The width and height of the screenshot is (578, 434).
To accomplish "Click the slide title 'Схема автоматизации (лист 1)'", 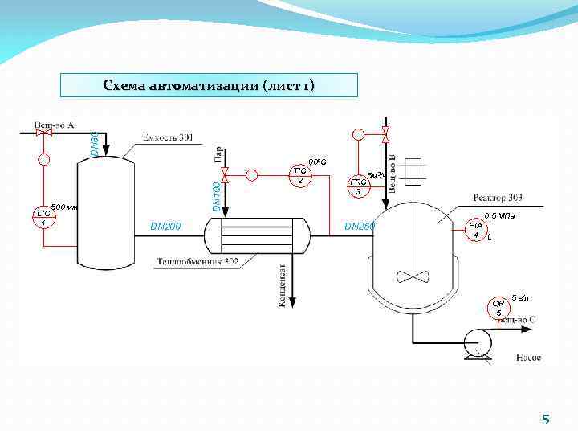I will (209, 85).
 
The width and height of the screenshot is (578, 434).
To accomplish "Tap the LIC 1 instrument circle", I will (43, 217).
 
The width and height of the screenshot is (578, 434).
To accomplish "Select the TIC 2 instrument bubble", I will (299, 175).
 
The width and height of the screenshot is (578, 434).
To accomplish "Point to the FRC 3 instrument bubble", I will (357, 186).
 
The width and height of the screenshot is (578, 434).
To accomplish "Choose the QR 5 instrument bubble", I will (499, 307).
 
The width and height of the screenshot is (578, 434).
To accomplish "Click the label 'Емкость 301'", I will (168, 137).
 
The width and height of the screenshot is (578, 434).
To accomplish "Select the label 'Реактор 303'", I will (499, 197).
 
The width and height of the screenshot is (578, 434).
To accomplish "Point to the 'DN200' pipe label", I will (166, 227).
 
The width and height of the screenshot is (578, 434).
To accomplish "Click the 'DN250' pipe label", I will (360, 227).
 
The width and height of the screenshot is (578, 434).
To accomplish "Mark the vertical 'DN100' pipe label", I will (216, 197).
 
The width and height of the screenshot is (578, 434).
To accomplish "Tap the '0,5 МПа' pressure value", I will (499, 215).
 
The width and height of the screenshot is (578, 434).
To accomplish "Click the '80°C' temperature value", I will (316, 162).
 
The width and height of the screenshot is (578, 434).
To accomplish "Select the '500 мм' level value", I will (63, 207).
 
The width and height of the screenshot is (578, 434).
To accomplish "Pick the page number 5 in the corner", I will (546, 419).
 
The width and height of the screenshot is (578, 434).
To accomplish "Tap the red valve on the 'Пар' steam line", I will (225, 174).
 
